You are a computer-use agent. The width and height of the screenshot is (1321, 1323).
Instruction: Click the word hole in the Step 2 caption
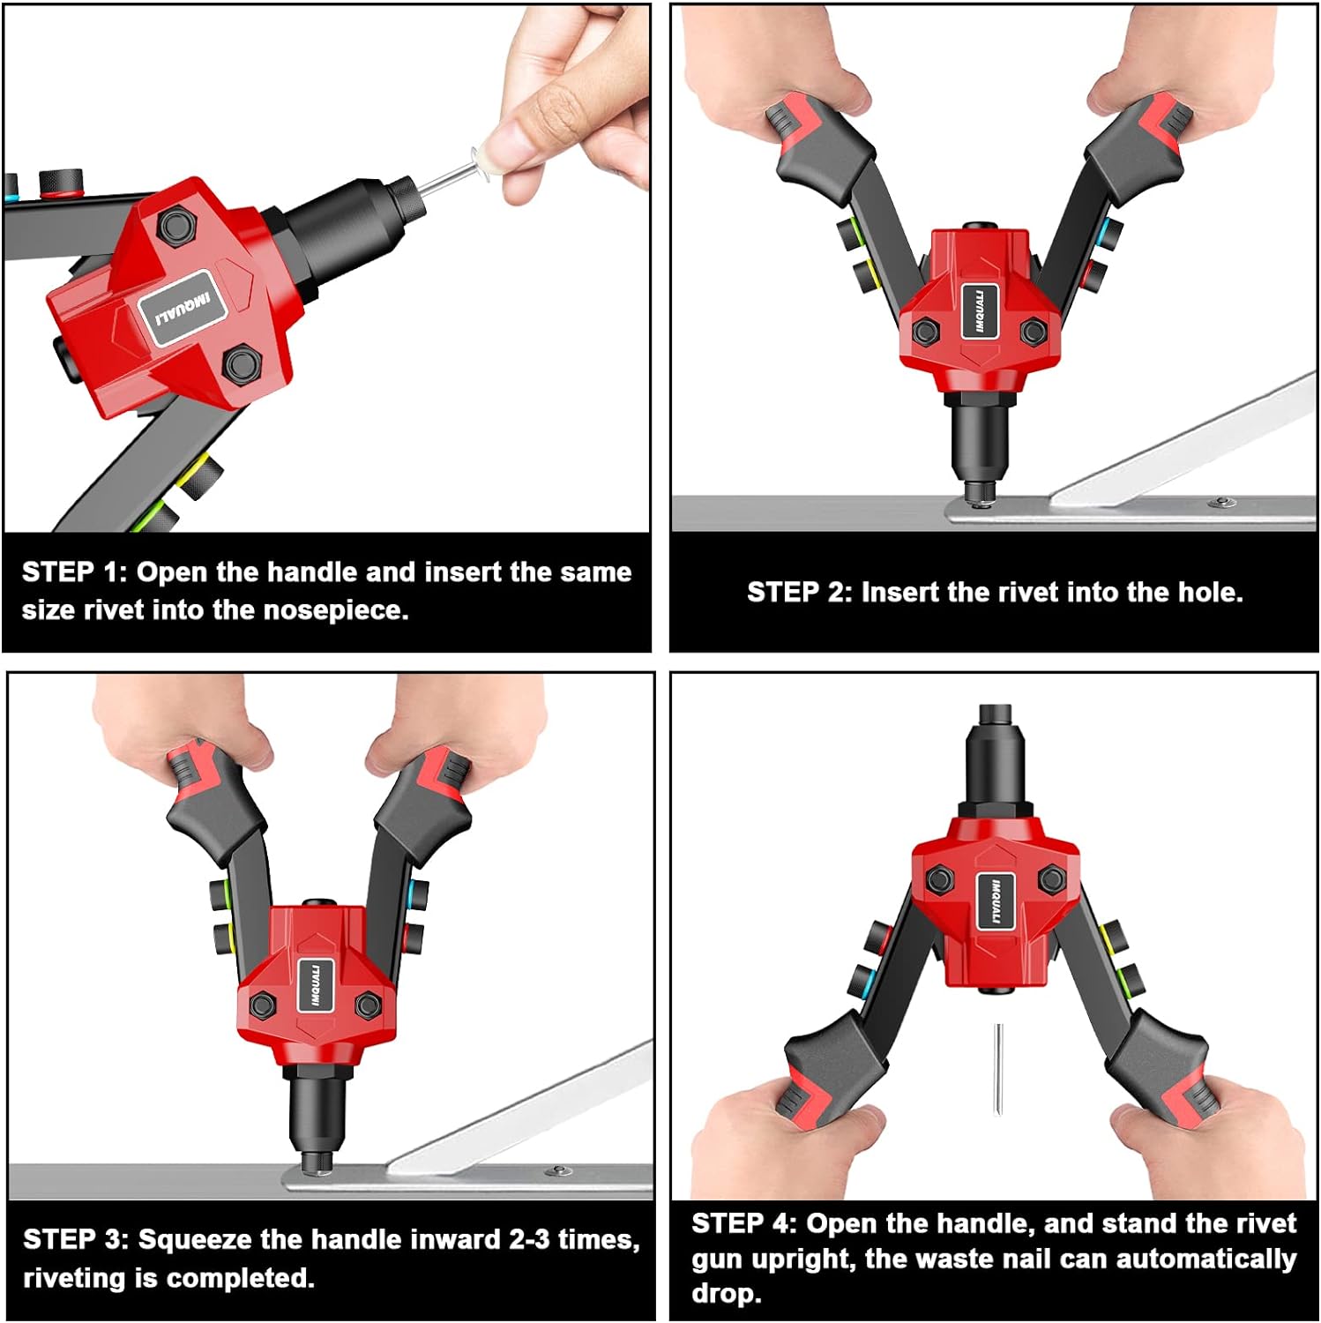[x=1210, y=592]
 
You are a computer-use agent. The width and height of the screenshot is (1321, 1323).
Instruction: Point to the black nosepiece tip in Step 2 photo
[x=976, y=492]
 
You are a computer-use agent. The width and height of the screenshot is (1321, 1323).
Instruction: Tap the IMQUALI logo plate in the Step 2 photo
[x=980, y=310]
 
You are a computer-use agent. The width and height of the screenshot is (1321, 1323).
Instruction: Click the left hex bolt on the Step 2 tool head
[x=925, y=332]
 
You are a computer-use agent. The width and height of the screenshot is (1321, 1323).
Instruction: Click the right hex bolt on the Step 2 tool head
[x=1033, y=332]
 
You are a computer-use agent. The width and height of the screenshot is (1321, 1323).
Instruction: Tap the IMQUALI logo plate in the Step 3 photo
[x=316, y=983]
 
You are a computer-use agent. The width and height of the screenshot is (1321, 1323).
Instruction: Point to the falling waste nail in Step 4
[x=998, y=1068]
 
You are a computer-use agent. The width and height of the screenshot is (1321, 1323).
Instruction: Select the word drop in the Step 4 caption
[x=725, y=1295]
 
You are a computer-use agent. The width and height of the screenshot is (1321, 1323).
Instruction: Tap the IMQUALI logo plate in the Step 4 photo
[x=994, y=901]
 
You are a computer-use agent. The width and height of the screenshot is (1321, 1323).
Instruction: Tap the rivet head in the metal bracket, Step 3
[x=557, y=1170]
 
